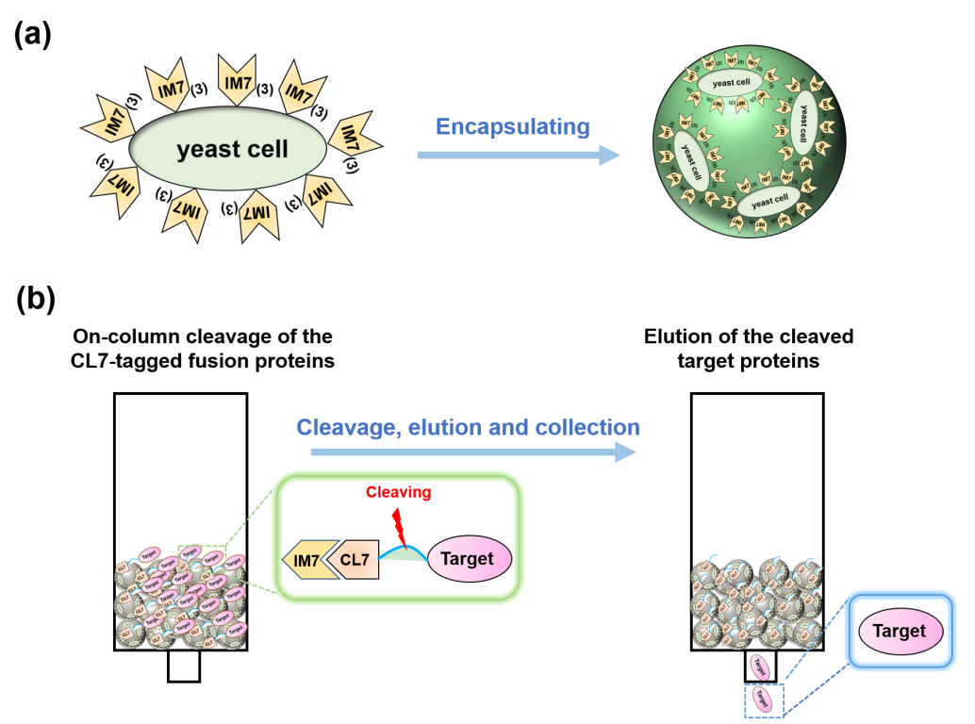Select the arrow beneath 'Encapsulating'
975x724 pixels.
(519, 155)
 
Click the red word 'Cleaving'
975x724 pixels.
(400, 491)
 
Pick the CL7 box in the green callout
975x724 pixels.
(352, 560)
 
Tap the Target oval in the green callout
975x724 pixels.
(468, 558)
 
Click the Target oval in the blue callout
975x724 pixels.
(899, 631)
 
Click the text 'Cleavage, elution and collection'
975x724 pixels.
(468, 426)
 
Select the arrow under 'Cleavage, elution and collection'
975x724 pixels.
(471, 453)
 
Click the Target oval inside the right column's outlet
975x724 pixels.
(759, 666)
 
